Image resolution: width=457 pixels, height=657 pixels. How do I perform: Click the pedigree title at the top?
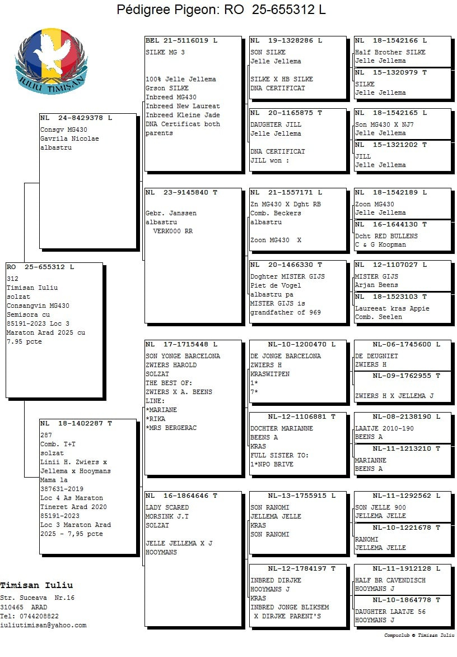[x=221, y=10]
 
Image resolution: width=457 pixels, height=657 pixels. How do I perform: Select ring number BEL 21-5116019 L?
[x=181, y=40]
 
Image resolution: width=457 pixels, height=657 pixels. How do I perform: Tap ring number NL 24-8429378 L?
[x=76, y=118]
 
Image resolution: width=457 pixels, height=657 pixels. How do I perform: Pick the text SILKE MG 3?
[x=165, y=52]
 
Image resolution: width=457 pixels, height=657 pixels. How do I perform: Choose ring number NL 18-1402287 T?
[x=76, y=423]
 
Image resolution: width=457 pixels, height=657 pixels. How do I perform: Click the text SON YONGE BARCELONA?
[x=183, y=356]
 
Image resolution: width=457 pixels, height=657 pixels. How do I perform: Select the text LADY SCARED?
[x=167, y=507]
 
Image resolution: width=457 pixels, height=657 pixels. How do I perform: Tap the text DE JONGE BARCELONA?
[x=286, y=356]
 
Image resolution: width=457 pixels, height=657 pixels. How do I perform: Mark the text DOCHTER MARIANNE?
[x=282, y=428]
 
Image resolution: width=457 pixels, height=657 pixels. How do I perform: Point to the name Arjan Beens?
[x=377, y=285]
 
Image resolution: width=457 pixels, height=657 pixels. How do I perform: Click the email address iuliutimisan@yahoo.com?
[x=44, y=625]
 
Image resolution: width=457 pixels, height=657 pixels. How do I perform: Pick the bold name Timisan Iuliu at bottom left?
[x=36, y=585]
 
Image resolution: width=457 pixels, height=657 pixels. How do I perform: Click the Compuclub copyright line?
[x=419, y=635]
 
